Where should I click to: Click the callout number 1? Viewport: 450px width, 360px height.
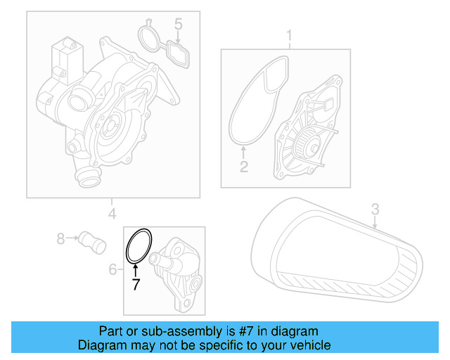[x=288, y=35]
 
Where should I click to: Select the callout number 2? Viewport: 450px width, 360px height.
[x=243, y=167]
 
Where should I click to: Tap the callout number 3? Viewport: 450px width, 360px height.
[x=375, y=208]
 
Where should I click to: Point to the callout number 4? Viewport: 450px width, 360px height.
[x=112, y=214]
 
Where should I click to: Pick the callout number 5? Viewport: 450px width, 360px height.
[x=179, y=25]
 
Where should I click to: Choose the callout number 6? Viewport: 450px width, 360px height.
[x=112, y=269]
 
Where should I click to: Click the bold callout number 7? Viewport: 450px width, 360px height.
[x=136, y=284]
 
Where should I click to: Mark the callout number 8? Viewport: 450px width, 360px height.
[x=60, y=239]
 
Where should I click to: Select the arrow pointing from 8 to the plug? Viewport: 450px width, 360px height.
[x=73, y=239]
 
